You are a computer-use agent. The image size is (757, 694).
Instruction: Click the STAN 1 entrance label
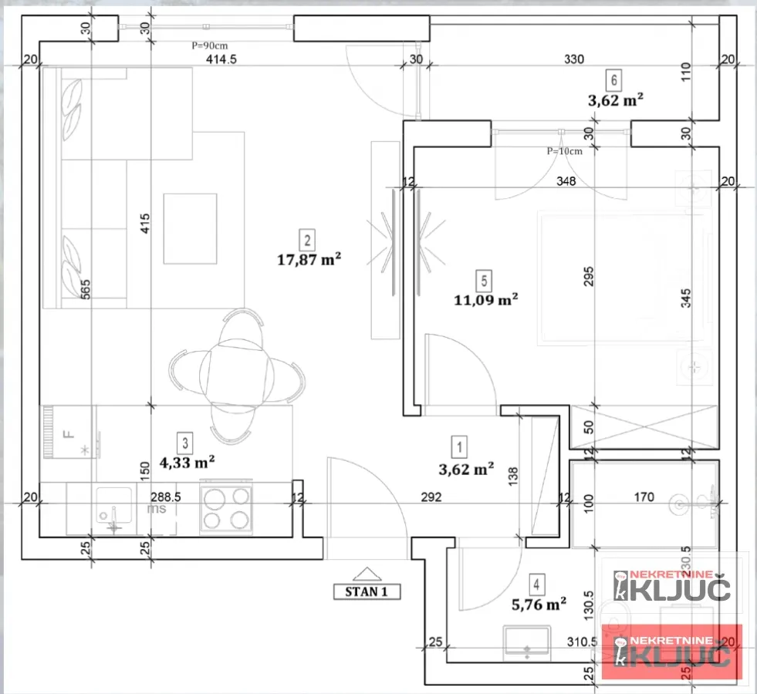pos(367,591)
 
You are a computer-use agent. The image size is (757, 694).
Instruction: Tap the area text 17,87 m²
pos(309,260)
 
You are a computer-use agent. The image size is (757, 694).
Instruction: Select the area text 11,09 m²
pos(486,299)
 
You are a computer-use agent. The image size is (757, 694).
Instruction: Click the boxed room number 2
pos(308,240)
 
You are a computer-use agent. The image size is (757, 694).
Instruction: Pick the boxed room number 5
pos(485,279)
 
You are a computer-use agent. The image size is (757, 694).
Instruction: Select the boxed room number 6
pos(614,79)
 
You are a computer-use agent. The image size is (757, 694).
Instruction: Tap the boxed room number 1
pos(460,446)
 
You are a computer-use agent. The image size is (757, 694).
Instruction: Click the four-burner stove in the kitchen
pos(226,507)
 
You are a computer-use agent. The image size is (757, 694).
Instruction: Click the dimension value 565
pos(86,288)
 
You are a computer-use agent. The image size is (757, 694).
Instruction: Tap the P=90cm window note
pos(210,45)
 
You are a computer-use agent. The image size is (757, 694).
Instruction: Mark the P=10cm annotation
pos(564,151)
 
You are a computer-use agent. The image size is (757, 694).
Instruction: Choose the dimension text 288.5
pos(166,498)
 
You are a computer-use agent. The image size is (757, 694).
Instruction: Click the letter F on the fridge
pos(68,433)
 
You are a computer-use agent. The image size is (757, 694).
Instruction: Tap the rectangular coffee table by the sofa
pos(190,228)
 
